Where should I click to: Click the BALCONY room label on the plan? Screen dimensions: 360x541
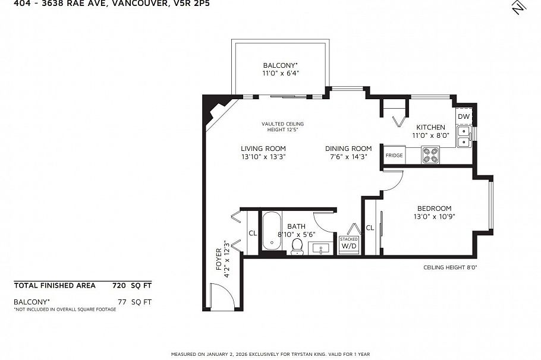(280, 65)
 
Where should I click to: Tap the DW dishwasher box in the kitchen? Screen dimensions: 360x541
(464, 116)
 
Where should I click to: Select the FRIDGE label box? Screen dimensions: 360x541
(394, 155)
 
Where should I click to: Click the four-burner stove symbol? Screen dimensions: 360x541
(430, 155)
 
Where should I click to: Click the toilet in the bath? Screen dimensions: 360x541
(297, 246)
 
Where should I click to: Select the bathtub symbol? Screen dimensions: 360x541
(273, 232)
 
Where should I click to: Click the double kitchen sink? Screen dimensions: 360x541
(464, 137)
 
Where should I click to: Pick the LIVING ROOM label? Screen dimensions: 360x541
(263, 149)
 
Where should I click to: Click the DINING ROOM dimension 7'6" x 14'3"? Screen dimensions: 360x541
(348, 157)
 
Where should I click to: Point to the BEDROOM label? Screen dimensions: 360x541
(434, 209)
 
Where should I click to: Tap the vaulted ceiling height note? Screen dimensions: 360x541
(278, 127)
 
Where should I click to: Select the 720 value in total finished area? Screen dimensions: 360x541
(119, 285)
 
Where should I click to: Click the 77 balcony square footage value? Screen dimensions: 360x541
(122, 302)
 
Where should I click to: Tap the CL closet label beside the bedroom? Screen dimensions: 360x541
(369, 228)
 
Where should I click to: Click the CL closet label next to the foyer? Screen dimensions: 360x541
(252, 233)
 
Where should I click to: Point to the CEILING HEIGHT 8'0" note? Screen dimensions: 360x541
(450, 267)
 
